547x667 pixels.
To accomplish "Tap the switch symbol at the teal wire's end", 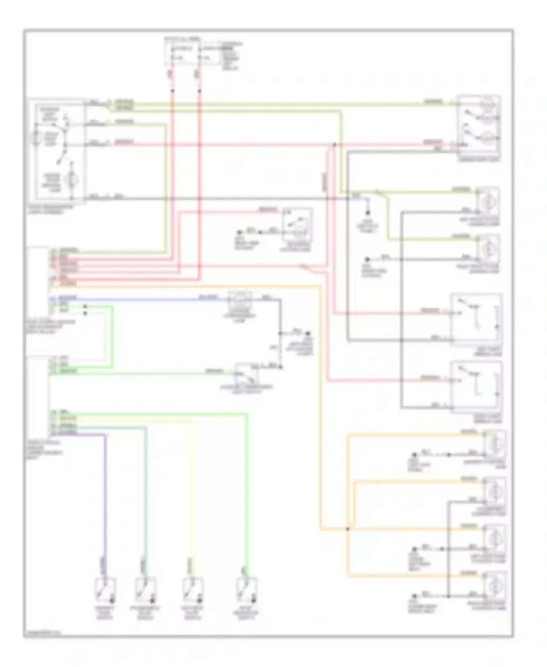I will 146,590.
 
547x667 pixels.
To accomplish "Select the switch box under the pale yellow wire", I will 193,590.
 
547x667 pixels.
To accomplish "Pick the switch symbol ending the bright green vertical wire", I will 247,590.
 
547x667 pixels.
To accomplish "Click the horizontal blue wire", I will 146,300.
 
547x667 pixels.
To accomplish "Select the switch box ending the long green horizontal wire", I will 247,375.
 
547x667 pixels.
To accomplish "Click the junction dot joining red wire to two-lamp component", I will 334,145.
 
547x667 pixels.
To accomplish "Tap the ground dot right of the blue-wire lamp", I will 308,333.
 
